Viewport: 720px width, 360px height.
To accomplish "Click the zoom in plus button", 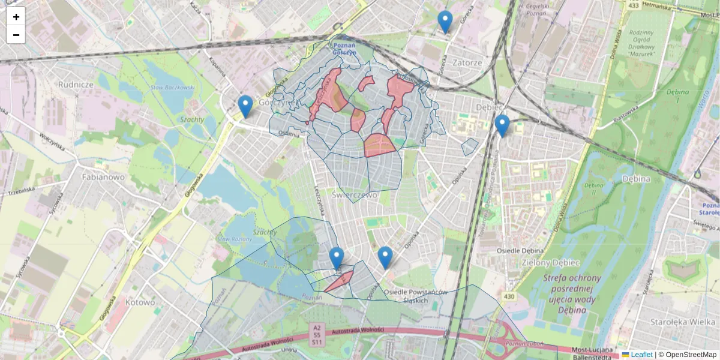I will pyautogui.click(x=16, y=17).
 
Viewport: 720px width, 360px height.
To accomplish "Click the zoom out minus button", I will pyautogui.click(x=16, y=35).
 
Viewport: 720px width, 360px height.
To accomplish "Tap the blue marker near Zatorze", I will pyautogui.click(x=445, y=22).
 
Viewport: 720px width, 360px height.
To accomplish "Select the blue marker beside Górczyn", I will pyautogui.click(x=245, y=106).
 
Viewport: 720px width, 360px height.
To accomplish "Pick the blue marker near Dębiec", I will pyautogui.click(x=502, y=125).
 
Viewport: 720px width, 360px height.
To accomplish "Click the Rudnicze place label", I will pyautogui.click(x=76, y=85).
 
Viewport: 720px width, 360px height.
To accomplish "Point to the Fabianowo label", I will pyautogui.click(x=103, y=178).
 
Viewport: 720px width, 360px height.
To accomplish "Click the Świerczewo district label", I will pyautogui.click(x=354, y=195).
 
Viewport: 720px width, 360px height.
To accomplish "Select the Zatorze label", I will pyautogui.click(x=467, y=62).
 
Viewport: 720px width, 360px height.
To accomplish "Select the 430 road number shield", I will pyautogui.click(x=509, y=297).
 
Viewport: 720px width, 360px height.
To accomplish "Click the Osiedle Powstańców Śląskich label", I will pyautogui.click(x=416, y=296).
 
